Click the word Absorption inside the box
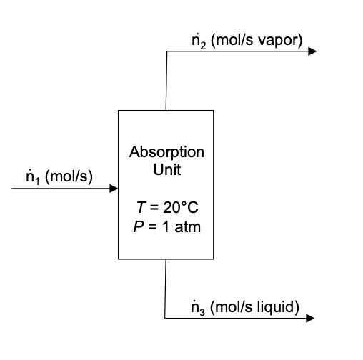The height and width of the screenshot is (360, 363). tap(166, 152)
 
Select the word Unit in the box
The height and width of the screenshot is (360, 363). tap(166, 170)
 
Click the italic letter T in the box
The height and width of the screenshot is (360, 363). tap(140, 208)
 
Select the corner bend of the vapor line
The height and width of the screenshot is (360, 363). tap(166, 51)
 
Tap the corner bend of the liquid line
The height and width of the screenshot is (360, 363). tap(166, 318)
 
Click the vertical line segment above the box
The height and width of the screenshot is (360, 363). tap(166, 82)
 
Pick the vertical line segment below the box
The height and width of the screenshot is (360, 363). tap(166, 289)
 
